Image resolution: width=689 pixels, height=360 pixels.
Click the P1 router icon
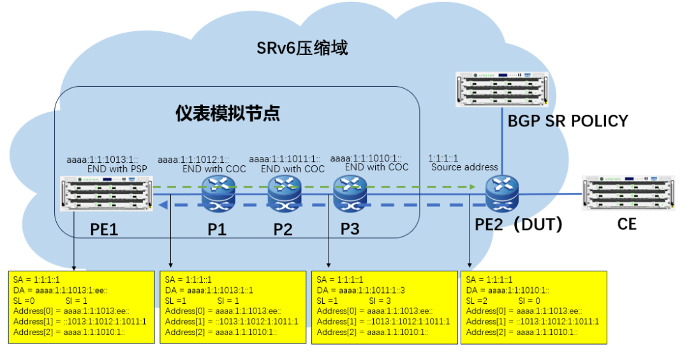click(x=218, y=193)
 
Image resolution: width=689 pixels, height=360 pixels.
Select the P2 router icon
click(x=283, y=193)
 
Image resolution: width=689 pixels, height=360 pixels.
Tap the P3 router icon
click(x=350, y=193)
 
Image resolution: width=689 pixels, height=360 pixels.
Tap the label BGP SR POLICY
click(x=568, y=121)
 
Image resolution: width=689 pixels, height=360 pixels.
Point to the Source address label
click(x=464, y=167)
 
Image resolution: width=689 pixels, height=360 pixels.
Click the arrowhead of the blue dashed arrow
click(x=164, y=204)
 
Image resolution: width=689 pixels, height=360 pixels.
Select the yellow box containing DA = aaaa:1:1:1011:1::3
click(x=383, y=307)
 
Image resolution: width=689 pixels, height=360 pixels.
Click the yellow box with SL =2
click(x=533, y=307)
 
